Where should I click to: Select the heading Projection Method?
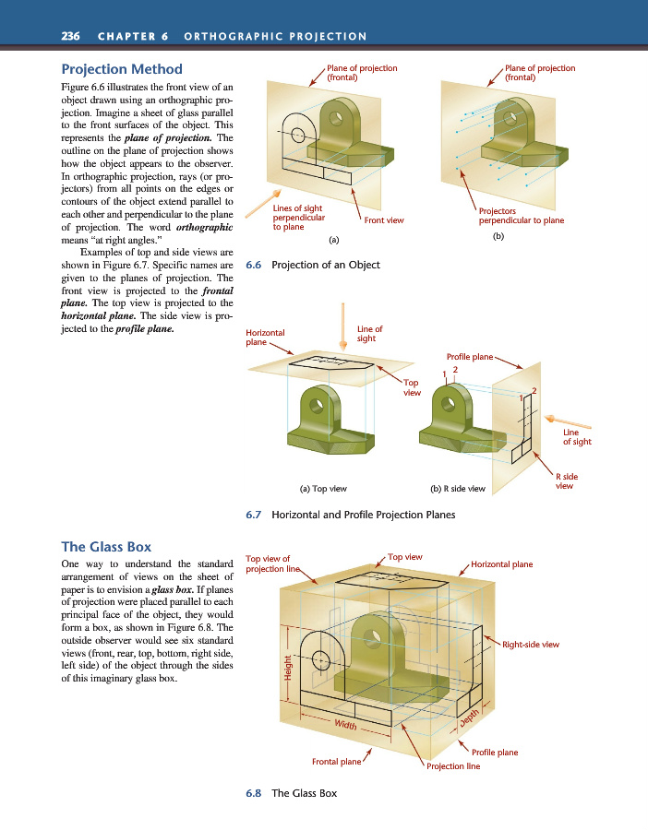[x=121, y=69]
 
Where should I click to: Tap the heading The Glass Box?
[x=105, y=546]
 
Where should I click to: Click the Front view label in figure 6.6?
[x=384, y=220]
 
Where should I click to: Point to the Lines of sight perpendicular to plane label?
[x=299, y=218]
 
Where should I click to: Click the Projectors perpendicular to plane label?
[x=521, y=216]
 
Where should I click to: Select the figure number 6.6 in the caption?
[x=254, y=265]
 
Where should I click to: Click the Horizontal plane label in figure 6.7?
[x=265, y=337]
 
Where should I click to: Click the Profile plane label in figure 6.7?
[x=470, y=355]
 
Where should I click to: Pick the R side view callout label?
[x=566, y=480]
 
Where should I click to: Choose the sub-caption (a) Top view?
[x=317, y=488]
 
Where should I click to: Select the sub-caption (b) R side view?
[x=458, y=488]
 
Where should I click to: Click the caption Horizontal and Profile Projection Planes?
[x=364, y=515]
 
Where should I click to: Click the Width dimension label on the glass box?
[x=347, y=723]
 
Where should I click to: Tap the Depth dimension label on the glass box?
[x=470, y=717]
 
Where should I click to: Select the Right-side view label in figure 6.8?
[x=531, y=644]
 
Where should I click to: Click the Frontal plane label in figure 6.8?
[x=336, y=762]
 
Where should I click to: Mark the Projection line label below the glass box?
[x=452, y=765]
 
